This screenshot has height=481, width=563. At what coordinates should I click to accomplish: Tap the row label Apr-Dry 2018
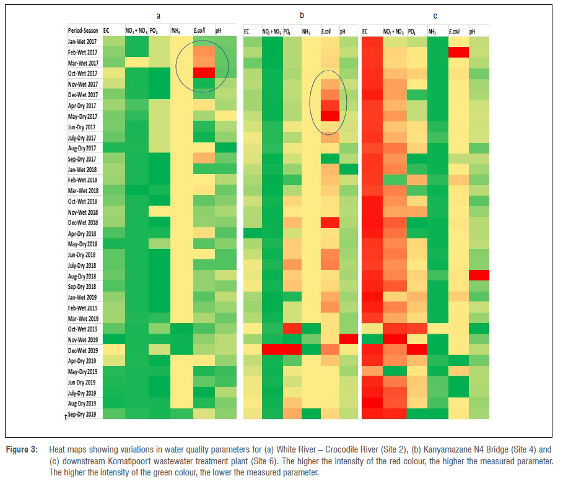82,233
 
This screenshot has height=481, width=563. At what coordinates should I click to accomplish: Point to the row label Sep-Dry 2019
82,414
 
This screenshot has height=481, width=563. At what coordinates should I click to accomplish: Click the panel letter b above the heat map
302,14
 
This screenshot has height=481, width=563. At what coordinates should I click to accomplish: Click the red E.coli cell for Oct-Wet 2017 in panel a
203,73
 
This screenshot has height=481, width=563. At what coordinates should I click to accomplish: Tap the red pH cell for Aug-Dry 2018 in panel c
479,275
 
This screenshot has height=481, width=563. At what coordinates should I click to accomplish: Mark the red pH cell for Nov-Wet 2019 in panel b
349,339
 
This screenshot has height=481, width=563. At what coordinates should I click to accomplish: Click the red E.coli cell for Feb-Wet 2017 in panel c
458,52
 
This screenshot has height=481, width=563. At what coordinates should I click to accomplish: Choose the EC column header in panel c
365,30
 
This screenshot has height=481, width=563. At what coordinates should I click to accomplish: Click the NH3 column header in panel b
307,30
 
